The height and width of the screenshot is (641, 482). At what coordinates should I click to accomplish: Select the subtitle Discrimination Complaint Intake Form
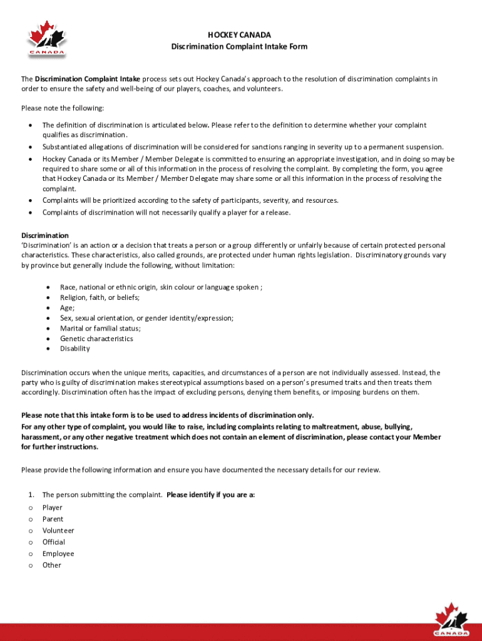pyautogui.click(x=240, y=47)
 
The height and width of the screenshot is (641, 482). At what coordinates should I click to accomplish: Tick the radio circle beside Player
pyautogui.click(x=30, y=508)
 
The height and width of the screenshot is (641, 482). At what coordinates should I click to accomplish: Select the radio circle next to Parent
pyautogui.click(x=30, y=520)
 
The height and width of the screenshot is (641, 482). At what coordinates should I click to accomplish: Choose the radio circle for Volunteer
pyautogui.click(x=30, y=531)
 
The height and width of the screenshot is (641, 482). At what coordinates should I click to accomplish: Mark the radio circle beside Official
pyautogui.click(x=30, y=542)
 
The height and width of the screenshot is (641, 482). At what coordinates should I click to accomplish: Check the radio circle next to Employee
pyautogui.click(x=30, y=554)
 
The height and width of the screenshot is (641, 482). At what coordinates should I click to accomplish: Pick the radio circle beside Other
pyautogui.click(x=30, y=565)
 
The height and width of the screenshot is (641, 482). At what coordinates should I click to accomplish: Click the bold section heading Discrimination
pyautogui.click(x=45, y=235)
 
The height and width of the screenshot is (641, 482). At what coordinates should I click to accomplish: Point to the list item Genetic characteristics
pyautogui.click(x=96, y=339)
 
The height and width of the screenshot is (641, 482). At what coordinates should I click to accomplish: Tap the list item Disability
pyautogui.click(x=75, y=349)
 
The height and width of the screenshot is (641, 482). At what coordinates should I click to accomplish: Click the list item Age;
pyautogui.click(x=67, y=308)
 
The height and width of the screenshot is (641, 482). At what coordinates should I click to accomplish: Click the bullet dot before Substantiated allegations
pyautogui.click(x=30, y=147)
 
